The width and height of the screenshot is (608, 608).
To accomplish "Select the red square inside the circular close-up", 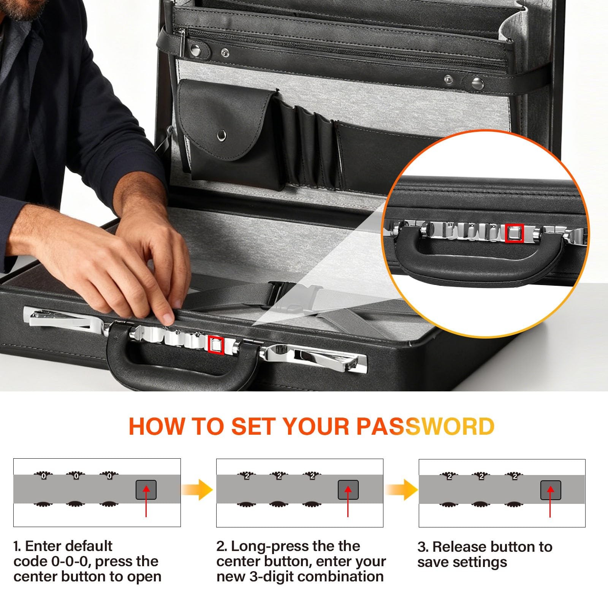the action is [x=515, y=233].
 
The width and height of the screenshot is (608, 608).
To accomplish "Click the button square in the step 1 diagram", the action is [x=146, y=489].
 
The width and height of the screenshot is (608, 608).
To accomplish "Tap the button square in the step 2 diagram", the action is [x=348, y=489].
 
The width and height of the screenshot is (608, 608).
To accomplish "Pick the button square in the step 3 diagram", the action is [x=551, y=490].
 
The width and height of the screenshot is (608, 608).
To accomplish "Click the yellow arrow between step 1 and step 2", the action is [x=197, y=489].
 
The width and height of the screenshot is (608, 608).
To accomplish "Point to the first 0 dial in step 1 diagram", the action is [x=43, y=476].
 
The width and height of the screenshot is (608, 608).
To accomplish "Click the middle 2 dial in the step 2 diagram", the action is [x=279, y=476].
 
